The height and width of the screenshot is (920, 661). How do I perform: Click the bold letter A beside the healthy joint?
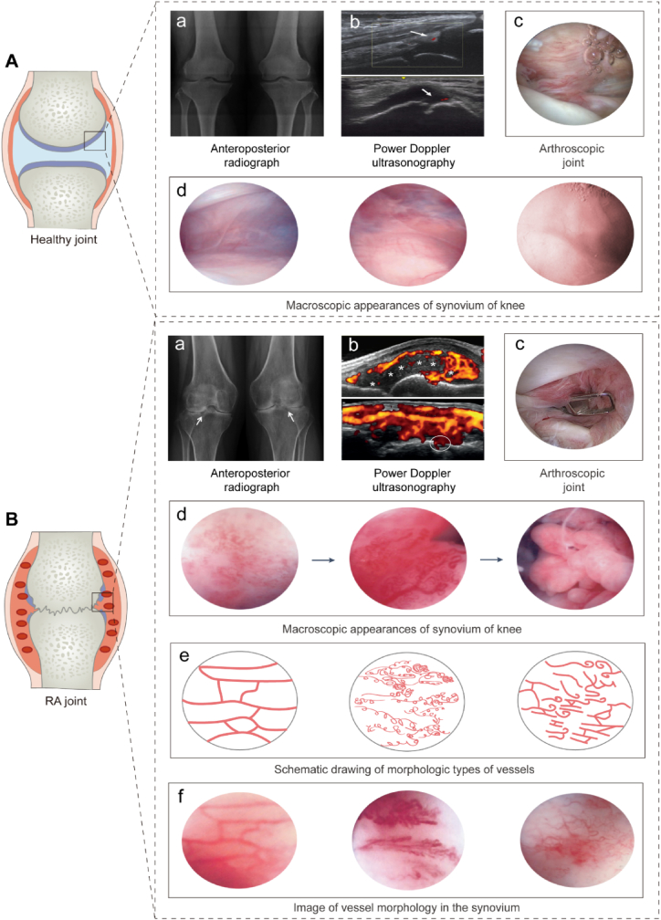pos(12,62)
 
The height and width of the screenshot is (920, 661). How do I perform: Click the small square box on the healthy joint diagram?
pos(95,141)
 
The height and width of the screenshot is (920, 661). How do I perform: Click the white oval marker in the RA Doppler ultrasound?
pos(441,445)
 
